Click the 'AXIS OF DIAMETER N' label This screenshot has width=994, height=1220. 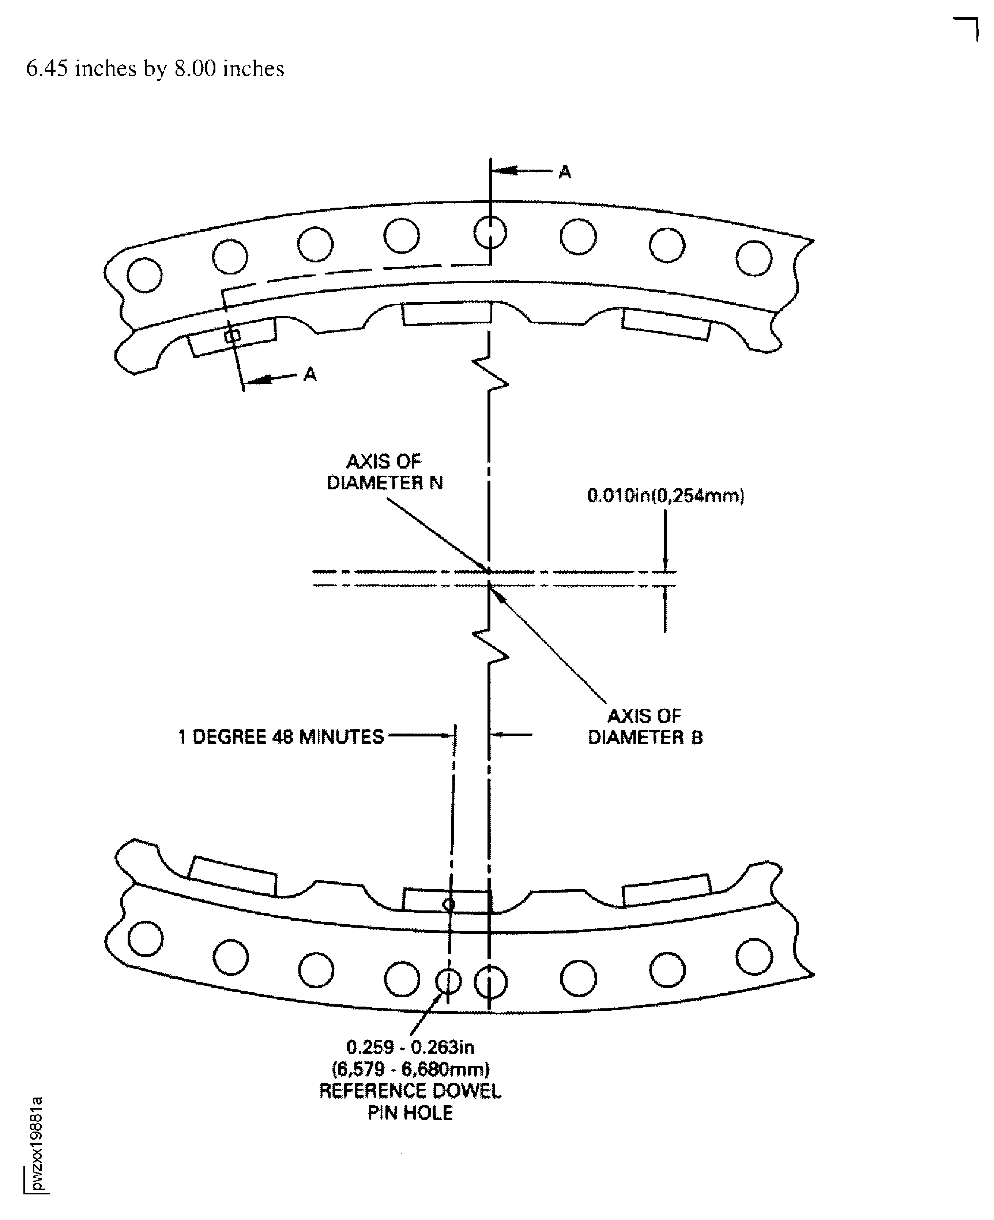[385, 472]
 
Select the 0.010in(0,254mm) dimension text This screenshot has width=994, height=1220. [665, 496]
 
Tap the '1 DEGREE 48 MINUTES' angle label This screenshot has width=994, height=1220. [280, 737]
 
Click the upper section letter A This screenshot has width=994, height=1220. [565, 172]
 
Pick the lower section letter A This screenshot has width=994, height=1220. [310, 374]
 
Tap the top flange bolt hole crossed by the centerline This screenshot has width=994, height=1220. [490, 232]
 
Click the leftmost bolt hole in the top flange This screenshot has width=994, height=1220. [144, 275]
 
